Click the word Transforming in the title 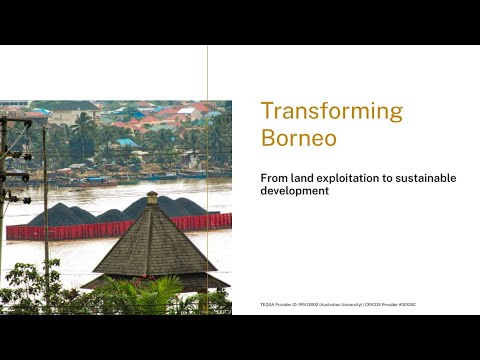click(331, 111)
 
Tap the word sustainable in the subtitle click(424, 178)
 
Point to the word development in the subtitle click(294, 191)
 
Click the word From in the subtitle click(274, 178)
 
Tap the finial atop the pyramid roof click(152, 197)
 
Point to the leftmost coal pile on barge click(60, 214)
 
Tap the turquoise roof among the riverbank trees click(126, 143)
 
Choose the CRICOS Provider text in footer click(386, 304)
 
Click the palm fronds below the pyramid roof click(150, 297)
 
